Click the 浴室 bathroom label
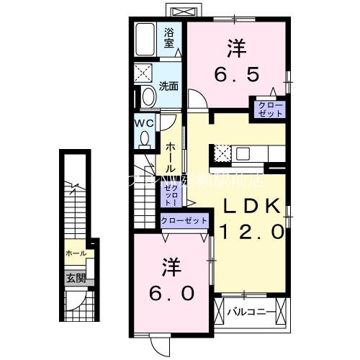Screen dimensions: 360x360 [x=169, y=37]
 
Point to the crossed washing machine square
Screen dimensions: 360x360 [x=143, y=73]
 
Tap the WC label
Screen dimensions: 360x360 [x=145, y=123]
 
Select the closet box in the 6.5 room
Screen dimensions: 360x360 [x=267, y=109]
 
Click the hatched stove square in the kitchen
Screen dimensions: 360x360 [x=222, y=152]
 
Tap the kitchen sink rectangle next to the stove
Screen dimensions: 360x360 [x=242, y=153]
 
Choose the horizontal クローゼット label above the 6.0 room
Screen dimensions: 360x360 [x=184, y=220]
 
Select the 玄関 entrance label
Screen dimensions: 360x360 [x=76, y=278]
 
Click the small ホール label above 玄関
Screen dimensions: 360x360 [x=76, y=253]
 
